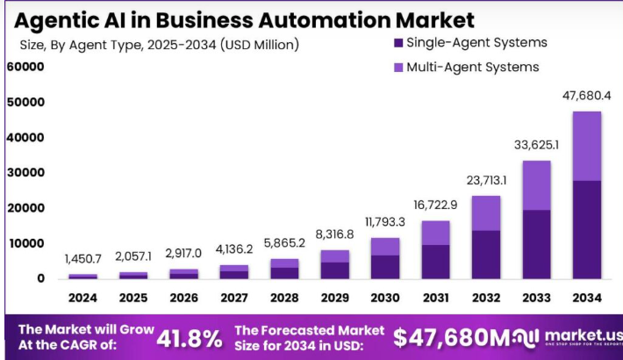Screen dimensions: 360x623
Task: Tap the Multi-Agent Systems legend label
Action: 472,67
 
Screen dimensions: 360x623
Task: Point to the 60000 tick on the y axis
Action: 25,67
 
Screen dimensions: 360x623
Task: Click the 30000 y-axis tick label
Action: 25,173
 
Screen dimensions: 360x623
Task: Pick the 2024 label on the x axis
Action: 83,299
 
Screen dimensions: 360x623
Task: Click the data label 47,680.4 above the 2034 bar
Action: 586,95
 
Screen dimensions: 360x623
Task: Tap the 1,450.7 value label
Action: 83,259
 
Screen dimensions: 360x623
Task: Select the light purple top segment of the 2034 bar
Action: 586,146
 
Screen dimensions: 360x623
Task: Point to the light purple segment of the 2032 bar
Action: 485,213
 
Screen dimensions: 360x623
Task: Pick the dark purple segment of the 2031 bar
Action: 435,262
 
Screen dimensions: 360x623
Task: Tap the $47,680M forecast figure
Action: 450,337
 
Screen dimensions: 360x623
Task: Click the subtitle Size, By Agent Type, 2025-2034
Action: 159,44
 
